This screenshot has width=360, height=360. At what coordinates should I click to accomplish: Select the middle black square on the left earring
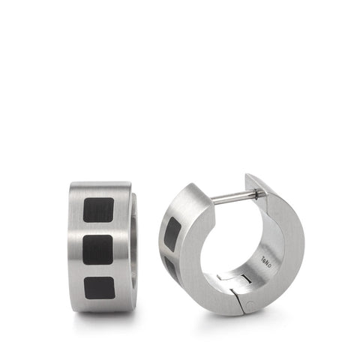[x=97, y=249]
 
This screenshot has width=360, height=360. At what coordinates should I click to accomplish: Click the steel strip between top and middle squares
[x=97, y=229]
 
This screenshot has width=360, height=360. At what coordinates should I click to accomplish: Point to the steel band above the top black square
[x=97, y=189]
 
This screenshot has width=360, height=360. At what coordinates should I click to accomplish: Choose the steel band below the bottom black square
[x=97, y=304]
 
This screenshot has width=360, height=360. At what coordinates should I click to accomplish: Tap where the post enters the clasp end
[x=259, y=194]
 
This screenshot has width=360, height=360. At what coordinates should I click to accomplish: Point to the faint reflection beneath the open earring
[x=232, y=321]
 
